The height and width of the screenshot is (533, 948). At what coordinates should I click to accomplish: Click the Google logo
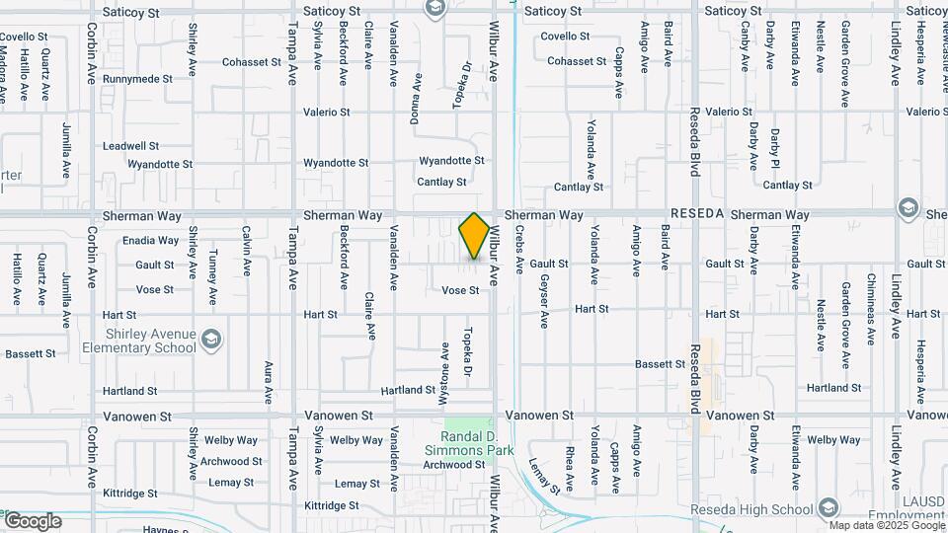point(32,521)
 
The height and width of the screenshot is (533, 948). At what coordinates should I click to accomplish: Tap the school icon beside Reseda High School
point(828,509)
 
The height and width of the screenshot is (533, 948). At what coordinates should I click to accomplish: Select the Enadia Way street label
point(150,240)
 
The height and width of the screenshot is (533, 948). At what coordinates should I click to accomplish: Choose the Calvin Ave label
point(246,248)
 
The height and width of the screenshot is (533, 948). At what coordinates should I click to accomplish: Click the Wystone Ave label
point(444,367)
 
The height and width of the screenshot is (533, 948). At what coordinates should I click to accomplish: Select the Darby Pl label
point(776,147)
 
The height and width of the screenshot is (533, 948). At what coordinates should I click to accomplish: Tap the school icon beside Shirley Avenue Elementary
point(210,341)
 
